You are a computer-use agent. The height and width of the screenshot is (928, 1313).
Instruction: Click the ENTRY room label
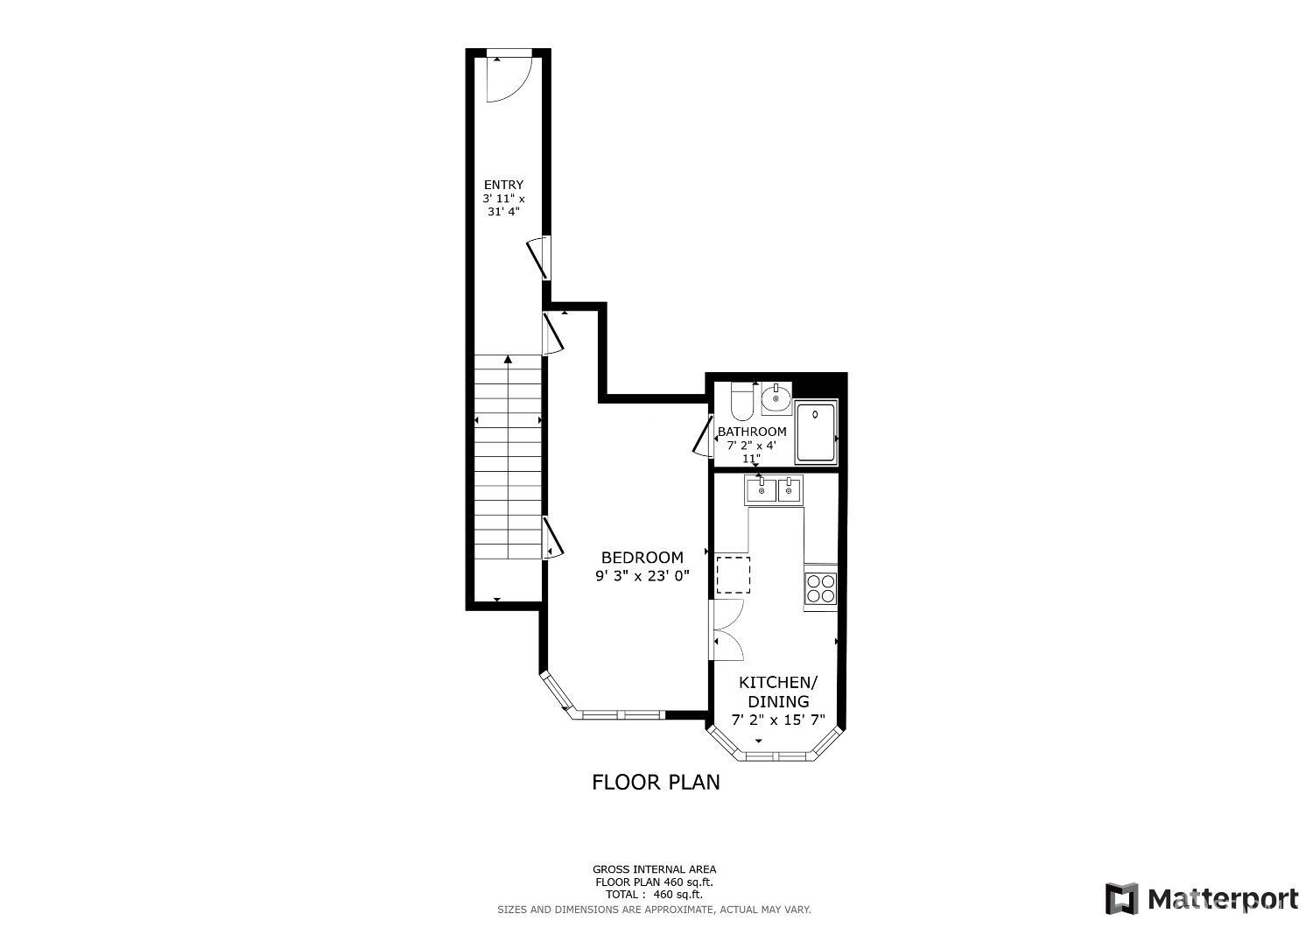[503, 185]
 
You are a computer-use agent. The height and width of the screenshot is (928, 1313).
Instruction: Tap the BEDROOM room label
[642, 558]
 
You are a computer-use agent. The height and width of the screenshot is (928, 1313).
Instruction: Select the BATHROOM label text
[752, 432]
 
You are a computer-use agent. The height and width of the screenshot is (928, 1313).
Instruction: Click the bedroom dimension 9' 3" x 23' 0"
[642, 576]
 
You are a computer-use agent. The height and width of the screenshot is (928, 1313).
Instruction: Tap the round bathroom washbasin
[776, 399]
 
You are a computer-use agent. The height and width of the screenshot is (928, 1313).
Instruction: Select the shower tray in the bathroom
[816, 432]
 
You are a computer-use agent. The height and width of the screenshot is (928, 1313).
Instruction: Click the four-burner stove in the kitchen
[820, 587]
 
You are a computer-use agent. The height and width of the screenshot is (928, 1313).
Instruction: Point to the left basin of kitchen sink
[761, 489]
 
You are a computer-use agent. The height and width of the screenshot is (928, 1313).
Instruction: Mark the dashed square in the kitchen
[734, 574]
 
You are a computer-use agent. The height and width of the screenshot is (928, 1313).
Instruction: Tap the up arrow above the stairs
[508, 358]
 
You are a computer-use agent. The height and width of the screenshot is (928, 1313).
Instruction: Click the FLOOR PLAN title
[656, 782]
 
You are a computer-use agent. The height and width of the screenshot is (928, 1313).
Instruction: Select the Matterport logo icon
[1121, 899]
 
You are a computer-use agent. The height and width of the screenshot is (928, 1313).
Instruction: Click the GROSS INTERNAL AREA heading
[654, 869]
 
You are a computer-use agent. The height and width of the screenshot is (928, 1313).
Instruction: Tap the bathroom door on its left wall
[703, 436]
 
